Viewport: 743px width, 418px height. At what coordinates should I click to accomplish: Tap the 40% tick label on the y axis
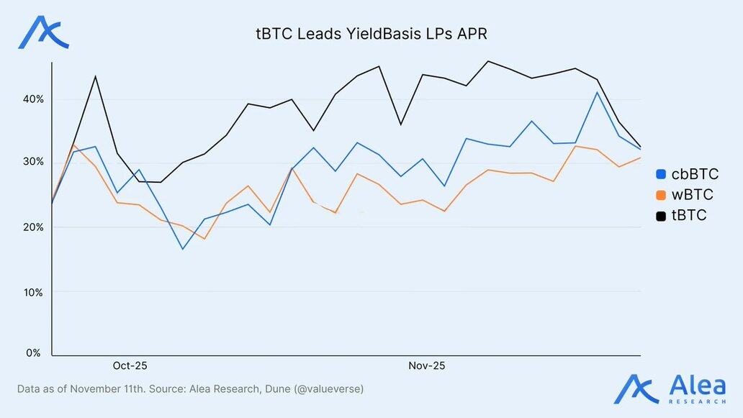point(33,99)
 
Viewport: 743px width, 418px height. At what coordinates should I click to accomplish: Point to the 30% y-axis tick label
point(33,162)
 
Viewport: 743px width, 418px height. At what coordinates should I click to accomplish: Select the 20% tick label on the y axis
point(33,227)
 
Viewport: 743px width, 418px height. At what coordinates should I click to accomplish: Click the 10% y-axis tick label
point(33,292)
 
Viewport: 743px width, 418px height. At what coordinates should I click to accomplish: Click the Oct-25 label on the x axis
point(130,366)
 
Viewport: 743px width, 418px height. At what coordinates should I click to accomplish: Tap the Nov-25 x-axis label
point(427,366)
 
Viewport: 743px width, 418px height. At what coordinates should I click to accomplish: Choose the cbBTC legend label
point(695,174)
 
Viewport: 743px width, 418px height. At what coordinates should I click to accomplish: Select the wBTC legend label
point(693,195)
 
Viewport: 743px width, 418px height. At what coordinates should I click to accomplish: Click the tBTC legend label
point(689,215)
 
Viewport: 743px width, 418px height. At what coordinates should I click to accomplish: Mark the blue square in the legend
point(661,174)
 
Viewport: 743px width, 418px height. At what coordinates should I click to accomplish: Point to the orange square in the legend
point(661,195)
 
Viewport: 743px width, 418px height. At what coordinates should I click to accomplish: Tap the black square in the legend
point(661,215)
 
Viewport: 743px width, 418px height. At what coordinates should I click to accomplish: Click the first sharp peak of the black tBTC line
point(95,76)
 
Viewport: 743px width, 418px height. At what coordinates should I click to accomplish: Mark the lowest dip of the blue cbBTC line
point(183,249)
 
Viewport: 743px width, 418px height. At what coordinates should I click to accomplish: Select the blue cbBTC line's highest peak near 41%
point(597,92)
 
